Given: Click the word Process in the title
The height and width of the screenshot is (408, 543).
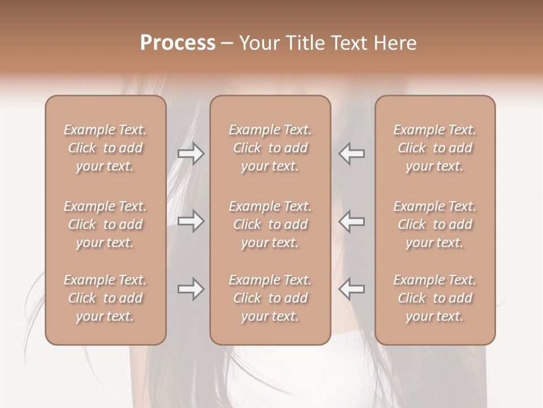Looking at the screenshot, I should tap(178, 43).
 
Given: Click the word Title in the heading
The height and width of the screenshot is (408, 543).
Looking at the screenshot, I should tap(303, 43).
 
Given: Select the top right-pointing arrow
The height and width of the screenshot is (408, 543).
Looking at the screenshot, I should tap(191, 154).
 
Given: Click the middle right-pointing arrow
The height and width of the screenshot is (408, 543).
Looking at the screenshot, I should tap(191, 221).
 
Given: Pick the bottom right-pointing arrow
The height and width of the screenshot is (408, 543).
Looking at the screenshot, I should tap(191, 289).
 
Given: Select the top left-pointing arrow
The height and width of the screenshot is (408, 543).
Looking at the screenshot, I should tap(351, 154).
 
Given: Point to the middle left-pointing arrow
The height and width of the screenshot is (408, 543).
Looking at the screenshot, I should tap(351, 221).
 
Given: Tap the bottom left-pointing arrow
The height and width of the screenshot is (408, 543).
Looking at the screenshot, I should tap(351, 289).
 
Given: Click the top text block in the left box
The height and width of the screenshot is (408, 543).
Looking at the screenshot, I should tap(105, 148).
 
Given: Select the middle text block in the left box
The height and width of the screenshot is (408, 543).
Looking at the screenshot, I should tap(105, 224).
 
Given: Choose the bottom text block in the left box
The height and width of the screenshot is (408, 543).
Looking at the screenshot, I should tap(105, 298).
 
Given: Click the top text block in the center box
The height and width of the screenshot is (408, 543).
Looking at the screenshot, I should tap(270, 148).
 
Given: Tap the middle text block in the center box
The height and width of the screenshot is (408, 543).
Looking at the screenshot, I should tap(270, 224).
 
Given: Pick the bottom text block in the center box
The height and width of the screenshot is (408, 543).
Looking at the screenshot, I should tap(270, 298).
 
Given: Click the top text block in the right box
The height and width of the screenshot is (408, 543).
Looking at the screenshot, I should tap(435, 148).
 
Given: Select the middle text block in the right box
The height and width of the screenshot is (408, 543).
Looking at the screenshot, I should tap(435, 224).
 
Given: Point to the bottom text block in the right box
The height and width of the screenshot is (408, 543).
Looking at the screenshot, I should tap(435, 298).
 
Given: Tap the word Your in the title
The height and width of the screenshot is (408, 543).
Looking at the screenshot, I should tap(260, 43).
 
